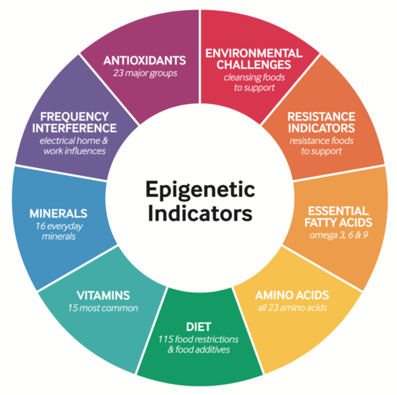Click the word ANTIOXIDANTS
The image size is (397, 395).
point(145,61)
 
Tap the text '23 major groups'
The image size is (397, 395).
point(145,73)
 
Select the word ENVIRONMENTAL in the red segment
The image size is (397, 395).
point(254,53)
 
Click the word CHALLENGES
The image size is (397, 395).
point(254,65)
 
